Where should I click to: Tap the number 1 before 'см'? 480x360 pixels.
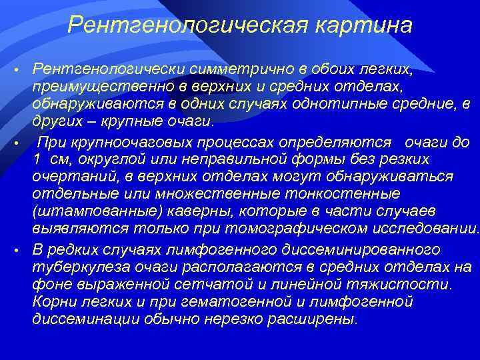click(x=36, y=159)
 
